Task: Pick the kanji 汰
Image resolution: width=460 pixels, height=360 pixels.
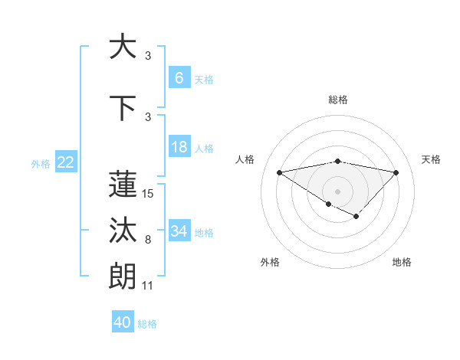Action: [x=123, y=230]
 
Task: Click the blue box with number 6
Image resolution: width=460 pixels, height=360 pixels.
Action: [x=179, y=78]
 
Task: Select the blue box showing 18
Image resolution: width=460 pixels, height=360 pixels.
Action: [x=179, y=148]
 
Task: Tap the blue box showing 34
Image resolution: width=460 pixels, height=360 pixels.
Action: [x=179, y=231]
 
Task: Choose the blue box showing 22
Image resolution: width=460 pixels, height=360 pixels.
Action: [x=66, y=162]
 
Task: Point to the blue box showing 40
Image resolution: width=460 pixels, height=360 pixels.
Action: [x=123, y=322]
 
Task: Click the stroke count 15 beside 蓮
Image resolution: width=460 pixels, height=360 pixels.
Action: [x=148, y=194]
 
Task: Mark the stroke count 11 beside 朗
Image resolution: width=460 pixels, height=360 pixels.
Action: [x=148, y=286]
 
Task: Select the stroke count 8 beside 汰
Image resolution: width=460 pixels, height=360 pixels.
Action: [x=147, y=240]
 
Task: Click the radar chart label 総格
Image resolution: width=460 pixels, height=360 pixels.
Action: [x=337, y=100]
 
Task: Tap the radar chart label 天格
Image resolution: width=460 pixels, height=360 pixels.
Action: [x=432, y=159]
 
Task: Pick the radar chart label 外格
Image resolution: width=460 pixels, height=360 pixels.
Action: [x=270, y=262]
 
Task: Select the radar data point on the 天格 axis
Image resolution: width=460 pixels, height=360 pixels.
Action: [x=396, y=172]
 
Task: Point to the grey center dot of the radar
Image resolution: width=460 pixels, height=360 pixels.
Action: [x=337, y=190]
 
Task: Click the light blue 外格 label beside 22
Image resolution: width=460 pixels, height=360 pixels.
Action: [x=41, y=163]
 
